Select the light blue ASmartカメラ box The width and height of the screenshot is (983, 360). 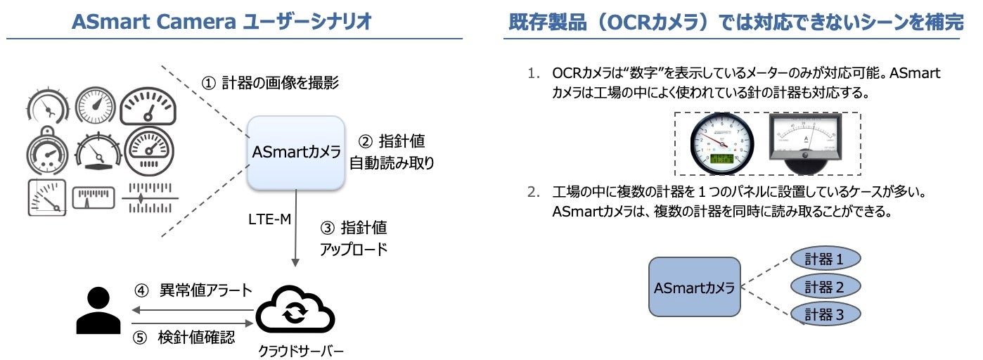pos(296,151)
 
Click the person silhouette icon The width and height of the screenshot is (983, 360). pos(98,311)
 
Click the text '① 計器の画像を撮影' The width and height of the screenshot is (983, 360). pos(271,83)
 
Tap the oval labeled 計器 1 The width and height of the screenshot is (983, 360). pos(824,259)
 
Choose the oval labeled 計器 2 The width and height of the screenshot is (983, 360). pos(824,286)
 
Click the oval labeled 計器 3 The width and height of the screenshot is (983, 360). pos(824,314)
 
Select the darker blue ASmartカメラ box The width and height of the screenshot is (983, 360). pos(694,287)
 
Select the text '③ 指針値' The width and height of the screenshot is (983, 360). pos(354,229)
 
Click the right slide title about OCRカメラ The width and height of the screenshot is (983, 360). pos(735,22)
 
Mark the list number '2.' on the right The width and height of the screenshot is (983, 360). pos(536,191)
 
